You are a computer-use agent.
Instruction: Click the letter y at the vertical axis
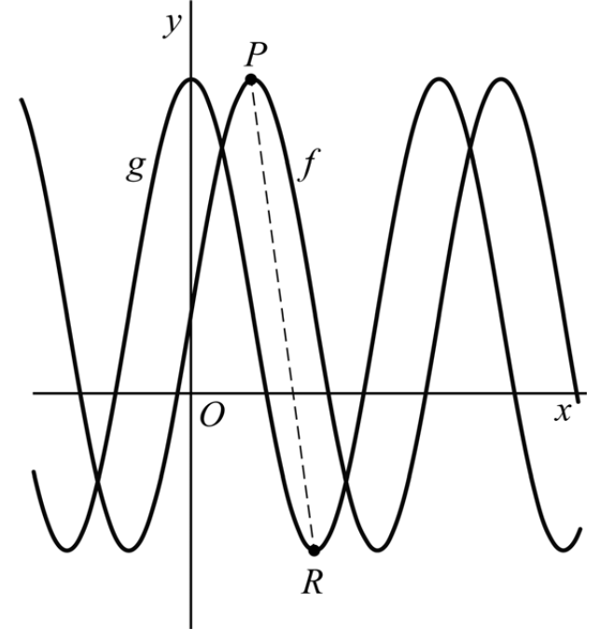172,25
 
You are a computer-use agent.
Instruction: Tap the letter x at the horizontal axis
562,412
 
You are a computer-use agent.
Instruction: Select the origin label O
212,417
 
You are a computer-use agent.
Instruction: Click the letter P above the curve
252,55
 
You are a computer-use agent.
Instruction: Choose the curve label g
136,168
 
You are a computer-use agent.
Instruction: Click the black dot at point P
251,80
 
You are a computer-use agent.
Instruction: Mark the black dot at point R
314,550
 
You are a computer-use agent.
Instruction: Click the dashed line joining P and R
283,315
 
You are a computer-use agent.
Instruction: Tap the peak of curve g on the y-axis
191,78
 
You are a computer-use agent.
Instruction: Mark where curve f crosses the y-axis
191,317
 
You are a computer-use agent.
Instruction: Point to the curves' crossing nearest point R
345,482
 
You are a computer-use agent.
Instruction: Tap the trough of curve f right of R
564,550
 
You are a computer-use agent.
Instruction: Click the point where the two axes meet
191,393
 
